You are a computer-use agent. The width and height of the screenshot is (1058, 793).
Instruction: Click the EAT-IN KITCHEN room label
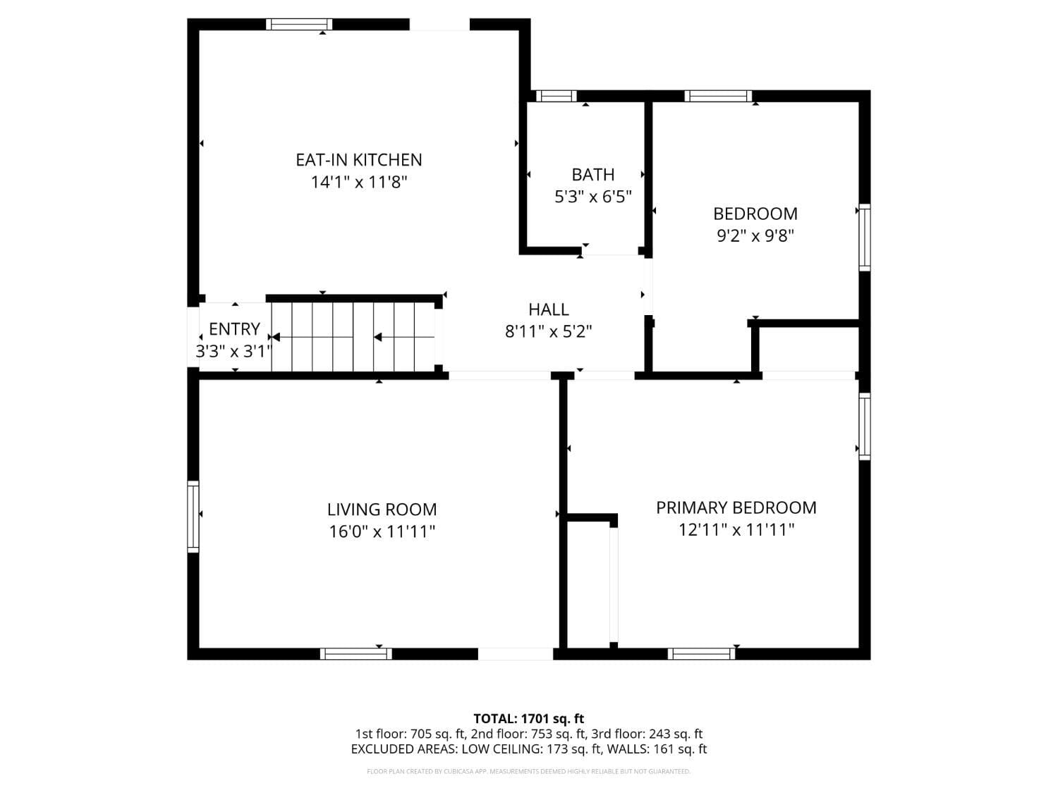[358, 160]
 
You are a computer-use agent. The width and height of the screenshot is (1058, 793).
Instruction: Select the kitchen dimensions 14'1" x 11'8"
[359, 183]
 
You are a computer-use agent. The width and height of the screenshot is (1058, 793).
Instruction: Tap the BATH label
[592, 175]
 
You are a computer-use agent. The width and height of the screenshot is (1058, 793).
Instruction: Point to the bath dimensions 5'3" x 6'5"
[592, 197]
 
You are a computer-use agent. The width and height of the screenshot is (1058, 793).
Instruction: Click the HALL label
[548, 309]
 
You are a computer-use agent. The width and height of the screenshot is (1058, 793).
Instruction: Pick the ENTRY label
[234, 329]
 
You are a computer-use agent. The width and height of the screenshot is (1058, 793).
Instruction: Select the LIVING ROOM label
[382, 510]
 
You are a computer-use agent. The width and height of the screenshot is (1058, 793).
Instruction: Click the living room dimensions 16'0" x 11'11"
[382, 531]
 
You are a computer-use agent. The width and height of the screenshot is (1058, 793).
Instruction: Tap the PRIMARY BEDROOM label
[736, 508]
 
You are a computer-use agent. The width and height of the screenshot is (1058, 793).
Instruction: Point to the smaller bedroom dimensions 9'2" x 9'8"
[755, 235]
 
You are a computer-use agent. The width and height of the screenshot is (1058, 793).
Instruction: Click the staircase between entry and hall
[353, 337]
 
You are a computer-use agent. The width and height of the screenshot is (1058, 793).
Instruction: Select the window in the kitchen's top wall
[299, 25]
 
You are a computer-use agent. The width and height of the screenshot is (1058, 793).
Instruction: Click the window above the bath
[556, 97]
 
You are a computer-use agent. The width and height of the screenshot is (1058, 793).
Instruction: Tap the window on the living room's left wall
[193, 516]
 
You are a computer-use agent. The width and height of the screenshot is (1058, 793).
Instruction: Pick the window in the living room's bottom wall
[355, 653]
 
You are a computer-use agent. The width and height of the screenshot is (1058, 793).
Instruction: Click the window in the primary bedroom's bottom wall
[701, 653]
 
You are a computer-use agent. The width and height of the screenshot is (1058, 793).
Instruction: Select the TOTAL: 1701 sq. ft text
[528, 719]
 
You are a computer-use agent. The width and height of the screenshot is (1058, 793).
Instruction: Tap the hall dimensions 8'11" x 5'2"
[548, 331]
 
